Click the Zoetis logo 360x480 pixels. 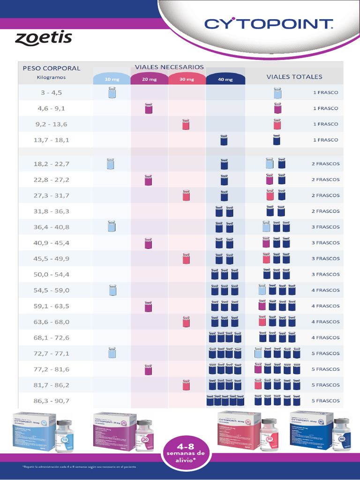[x=44, y=38]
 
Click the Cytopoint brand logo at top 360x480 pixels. [x=269, y=24]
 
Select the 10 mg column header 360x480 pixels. [x=112, y=79]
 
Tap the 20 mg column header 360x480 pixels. [x=149, y=79]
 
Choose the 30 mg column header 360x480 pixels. [x=187, y=79]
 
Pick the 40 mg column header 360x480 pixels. [x=225, y=79]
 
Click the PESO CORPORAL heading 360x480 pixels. [x=52, y=68]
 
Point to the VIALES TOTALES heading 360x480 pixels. [x=294, y=76]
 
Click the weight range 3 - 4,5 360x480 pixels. [x=51, y=92]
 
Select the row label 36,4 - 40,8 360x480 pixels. [x=52, y=227]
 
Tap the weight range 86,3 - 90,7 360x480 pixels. [x=52, y=401]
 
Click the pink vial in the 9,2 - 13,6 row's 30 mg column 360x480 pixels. [x=186, y=124]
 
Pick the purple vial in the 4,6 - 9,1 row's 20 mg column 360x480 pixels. [x=149, y=109]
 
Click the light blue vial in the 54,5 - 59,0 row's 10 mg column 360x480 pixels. [x=112, y=290]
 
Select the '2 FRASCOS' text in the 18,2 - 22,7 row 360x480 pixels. [x=325, y=164]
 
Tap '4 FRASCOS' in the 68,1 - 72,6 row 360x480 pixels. [x=325, y=337]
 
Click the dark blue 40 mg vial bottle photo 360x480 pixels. [x=341, y=435]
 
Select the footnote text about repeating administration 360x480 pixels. [x=79, y=467]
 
